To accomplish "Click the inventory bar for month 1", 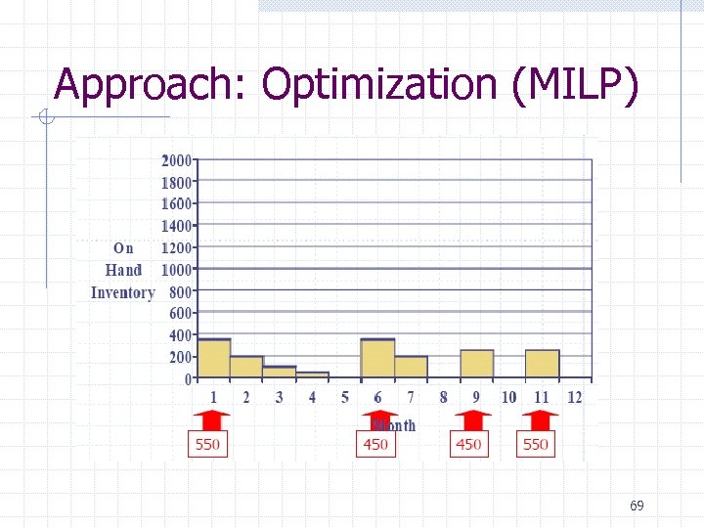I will pyautogui.click(x=214, y=359).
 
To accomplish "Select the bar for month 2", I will pyautogui.click(x=246, y=368).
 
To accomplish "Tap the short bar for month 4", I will pyautogui.click(x=312, y=374).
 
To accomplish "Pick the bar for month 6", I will pyautogui.click(x=377, y=359).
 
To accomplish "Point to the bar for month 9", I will pyautogui.click(x=476, y=364).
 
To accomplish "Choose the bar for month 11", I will pyautogui.click(x=542, y=364).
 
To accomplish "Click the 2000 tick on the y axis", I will pyautogui.click(x=177, y=160).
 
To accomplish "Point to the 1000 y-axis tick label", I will pyautogui.click(x=177, y=269).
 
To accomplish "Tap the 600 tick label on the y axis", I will pyautogui.click(x=181, y=313).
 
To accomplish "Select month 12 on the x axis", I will pyautogui.click(x=574, y=397).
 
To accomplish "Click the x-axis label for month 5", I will pyautogui.click(x=345, y=397).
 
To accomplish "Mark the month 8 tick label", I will pyautogui.click(x=443, y=397).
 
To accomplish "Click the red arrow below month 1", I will pyautogui.click(x=208, y=419).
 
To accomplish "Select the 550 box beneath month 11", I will pyautogui.click(x=536, y=445).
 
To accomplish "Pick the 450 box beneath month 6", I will pyautogui.click(x=375, y=445).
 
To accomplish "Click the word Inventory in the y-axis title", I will pyautogui.click(x=122, y=292).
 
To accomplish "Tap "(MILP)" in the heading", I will pyautogui.click(x=575, y=85).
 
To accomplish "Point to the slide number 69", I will pyautogui.click(x=637, y=506).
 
